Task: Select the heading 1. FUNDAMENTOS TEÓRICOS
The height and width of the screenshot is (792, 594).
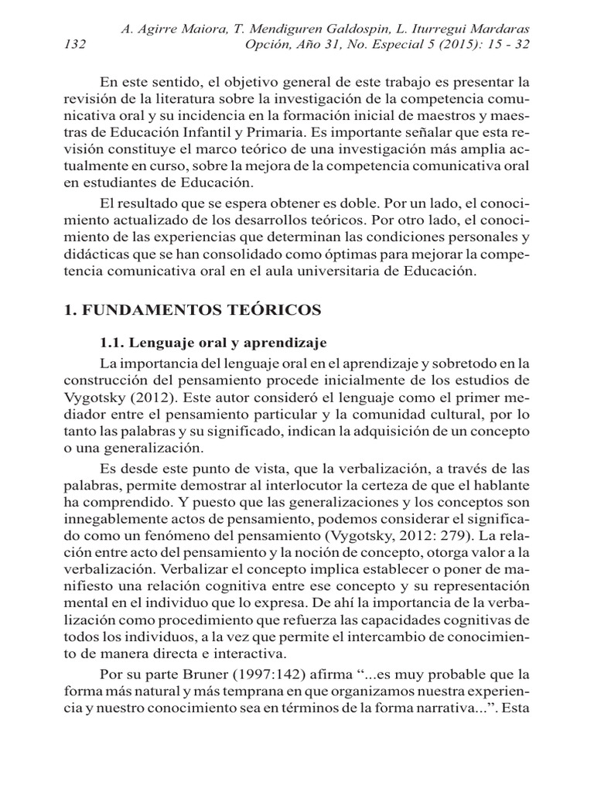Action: pyautogui.click(x=191, y=309)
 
